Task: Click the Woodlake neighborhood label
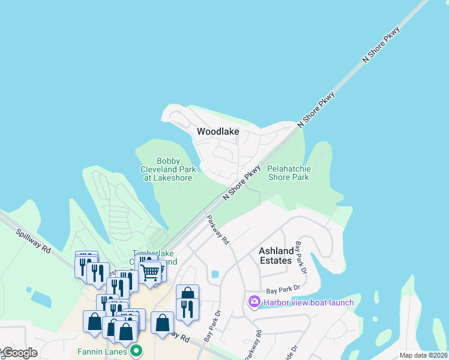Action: pyautogui.click(x=218, y=131)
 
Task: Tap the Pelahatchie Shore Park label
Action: pyautogui.click(x=288, y=173)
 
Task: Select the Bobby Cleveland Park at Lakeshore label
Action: pyautogui.click(x=166, y=169)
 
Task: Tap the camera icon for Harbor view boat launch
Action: pyautogui.click(x=254, y=302)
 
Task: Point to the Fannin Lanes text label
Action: pyautogui.click(x=102, y=352)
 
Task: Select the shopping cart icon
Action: pyautogui.click(x=149, y=273)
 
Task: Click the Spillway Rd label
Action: pyautogui.click(x=34, y=241)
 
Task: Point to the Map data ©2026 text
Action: pyautogui.click(x=423, y=355)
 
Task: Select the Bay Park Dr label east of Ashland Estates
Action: pyautogui.click(x=300, y=257)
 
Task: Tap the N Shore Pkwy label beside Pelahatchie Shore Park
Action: pyautogui.click(x=242, y=182)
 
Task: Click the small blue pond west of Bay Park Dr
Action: pyautogui.click(x=215, y=274)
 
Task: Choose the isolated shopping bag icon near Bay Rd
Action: pyautogui.click(x=162, y=323)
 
